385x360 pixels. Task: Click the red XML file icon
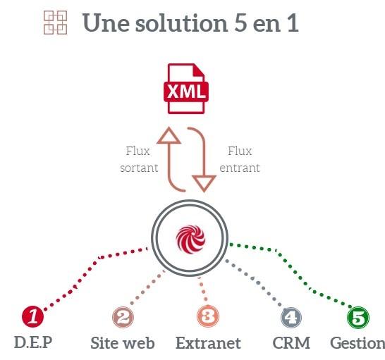pos(186,89)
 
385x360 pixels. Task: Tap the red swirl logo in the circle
pos(190,240)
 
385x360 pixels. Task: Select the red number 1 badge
pos(32,316)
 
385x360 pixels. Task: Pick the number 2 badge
pos(123,317)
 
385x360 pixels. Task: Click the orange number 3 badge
pos(208,316)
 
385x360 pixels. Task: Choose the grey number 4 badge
pos(291,318)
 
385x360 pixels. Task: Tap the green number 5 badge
pos(358,318)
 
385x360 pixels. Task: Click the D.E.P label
pos(33,342)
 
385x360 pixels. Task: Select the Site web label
pos(123,343)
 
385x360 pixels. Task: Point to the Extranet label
pos(208,343)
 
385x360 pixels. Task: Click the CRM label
pos(291,343)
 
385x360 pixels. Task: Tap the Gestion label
pos(357,343)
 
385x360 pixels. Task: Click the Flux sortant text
pos(139,159)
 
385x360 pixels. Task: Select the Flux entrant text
pos(240,159)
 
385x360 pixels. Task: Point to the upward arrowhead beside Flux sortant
pos(169,135)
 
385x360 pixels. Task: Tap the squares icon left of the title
pos(55,23)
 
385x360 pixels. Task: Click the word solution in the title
pos(182,23)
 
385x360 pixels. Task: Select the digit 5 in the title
pos(240,23)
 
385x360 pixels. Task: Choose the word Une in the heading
pos(106,23)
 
